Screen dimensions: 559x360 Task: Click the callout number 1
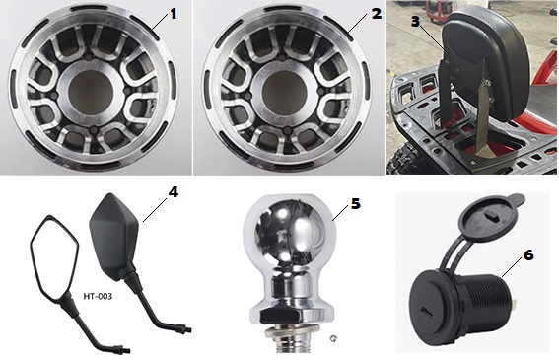173,14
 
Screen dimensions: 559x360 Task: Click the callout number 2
377,14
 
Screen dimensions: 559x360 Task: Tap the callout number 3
415,21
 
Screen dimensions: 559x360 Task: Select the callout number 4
173,192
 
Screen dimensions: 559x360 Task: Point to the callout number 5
356,204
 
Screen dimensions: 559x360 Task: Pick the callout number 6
528,255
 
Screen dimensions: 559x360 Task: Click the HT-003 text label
98,296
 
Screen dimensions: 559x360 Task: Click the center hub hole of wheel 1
92,89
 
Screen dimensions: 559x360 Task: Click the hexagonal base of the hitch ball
290,315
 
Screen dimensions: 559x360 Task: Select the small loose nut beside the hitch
333,338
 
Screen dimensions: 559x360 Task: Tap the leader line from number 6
512,268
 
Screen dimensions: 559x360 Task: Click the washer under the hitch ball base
290,331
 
